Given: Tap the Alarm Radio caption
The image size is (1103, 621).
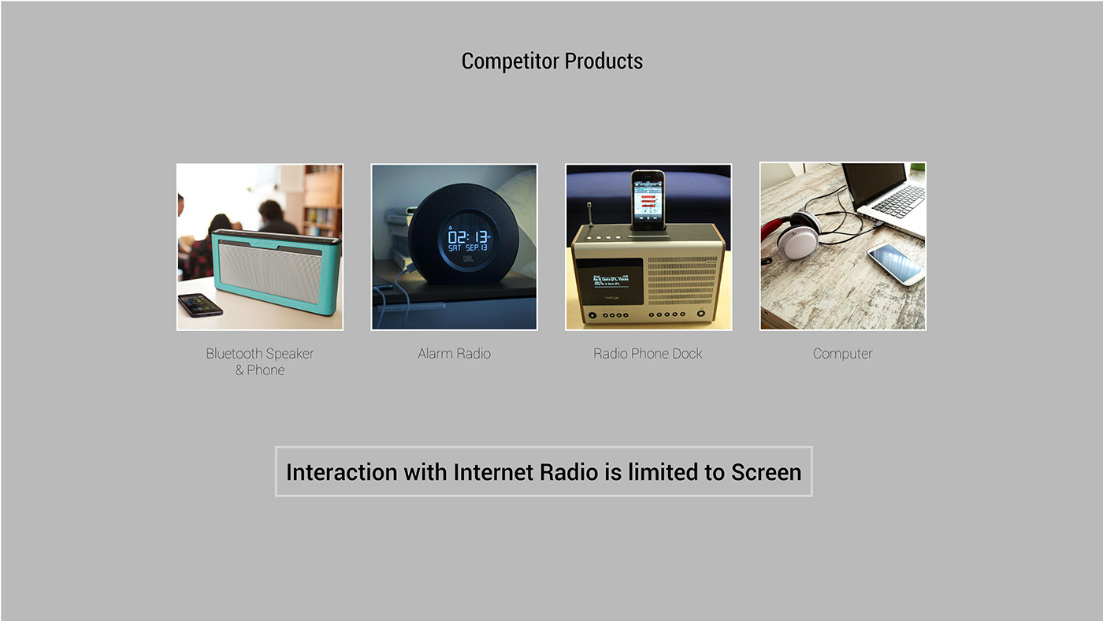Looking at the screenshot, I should coord(454,354).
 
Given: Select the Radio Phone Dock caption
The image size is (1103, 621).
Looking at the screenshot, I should coord(648,354).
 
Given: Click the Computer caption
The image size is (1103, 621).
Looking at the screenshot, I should coord(842,354).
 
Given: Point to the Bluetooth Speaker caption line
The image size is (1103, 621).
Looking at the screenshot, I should coord(260,354).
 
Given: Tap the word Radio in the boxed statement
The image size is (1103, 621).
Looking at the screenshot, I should coord(568,472).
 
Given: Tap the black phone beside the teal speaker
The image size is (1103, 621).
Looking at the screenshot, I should coord(200,304).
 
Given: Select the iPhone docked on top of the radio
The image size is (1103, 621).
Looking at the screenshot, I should coord(648,202).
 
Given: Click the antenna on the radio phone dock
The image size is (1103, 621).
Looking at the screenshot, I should coord(590,214).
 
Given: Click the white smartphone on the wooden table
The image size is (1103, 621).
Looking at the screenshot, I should coord(895,263).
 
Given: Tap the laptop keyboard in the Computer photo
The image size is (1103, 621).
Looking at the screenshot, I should coord(899,200).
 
